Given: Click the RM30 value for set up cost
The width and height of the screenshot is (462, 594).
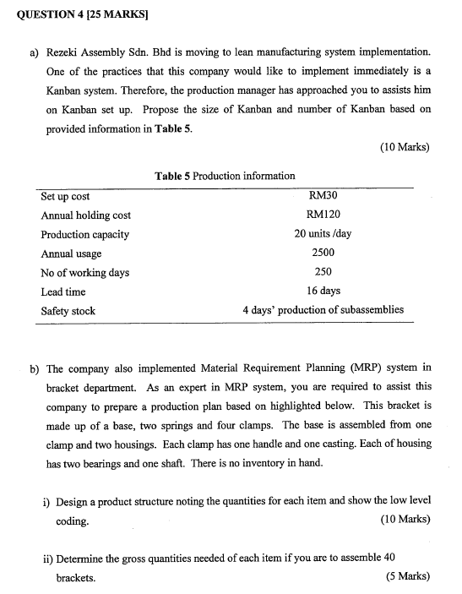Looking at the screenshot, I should [x=323, y=195].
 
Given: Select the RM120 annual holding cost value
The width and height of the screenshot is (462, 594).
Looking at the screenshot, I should [x=323, y=215].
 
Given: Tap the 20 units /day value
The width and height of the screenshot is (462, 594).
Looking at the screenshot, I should [x=323, y=234].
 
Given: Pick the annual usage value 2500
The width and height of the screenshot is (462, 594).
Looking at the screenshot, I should [x=323, y=253].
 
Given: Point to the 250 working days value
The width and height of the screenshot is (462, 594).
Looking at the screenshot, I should [x=323, y=272].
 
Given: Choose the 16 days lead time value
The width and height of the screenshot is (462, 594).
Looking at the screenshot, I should [x=323, y=292].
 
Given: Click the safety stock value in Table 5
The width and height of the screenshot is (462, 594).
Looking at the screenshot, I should [x=323, y=310].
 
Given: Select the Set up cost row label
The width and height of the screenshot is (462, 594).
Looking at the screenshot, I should [x=65, y=196].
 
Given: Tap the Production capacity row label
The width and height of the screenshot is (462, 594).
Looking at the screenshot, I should [x=84, y=234].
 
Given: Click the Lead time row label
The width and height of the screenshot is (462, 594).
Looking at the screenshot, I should [x=63, y=292].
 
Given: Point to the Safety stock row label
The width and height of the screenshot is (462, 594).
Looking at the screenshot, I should [x=68, y=311].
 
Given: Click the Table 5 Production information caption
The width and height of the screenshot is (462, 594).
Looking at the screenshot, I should [x=225, y=176].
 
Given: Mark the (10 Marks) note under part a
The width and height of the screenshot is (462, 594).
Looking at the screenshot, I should [x=405, y=147].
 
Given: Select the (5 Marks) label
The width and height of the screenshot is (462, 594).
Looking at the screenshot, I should [x=408, y=577].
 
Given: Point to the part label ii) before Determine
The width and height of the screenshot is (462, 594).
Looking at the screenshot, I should [x=49, y=559].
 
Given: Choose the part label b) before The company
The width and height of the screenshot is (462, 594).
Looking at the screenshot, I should [x=35, y=368].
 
